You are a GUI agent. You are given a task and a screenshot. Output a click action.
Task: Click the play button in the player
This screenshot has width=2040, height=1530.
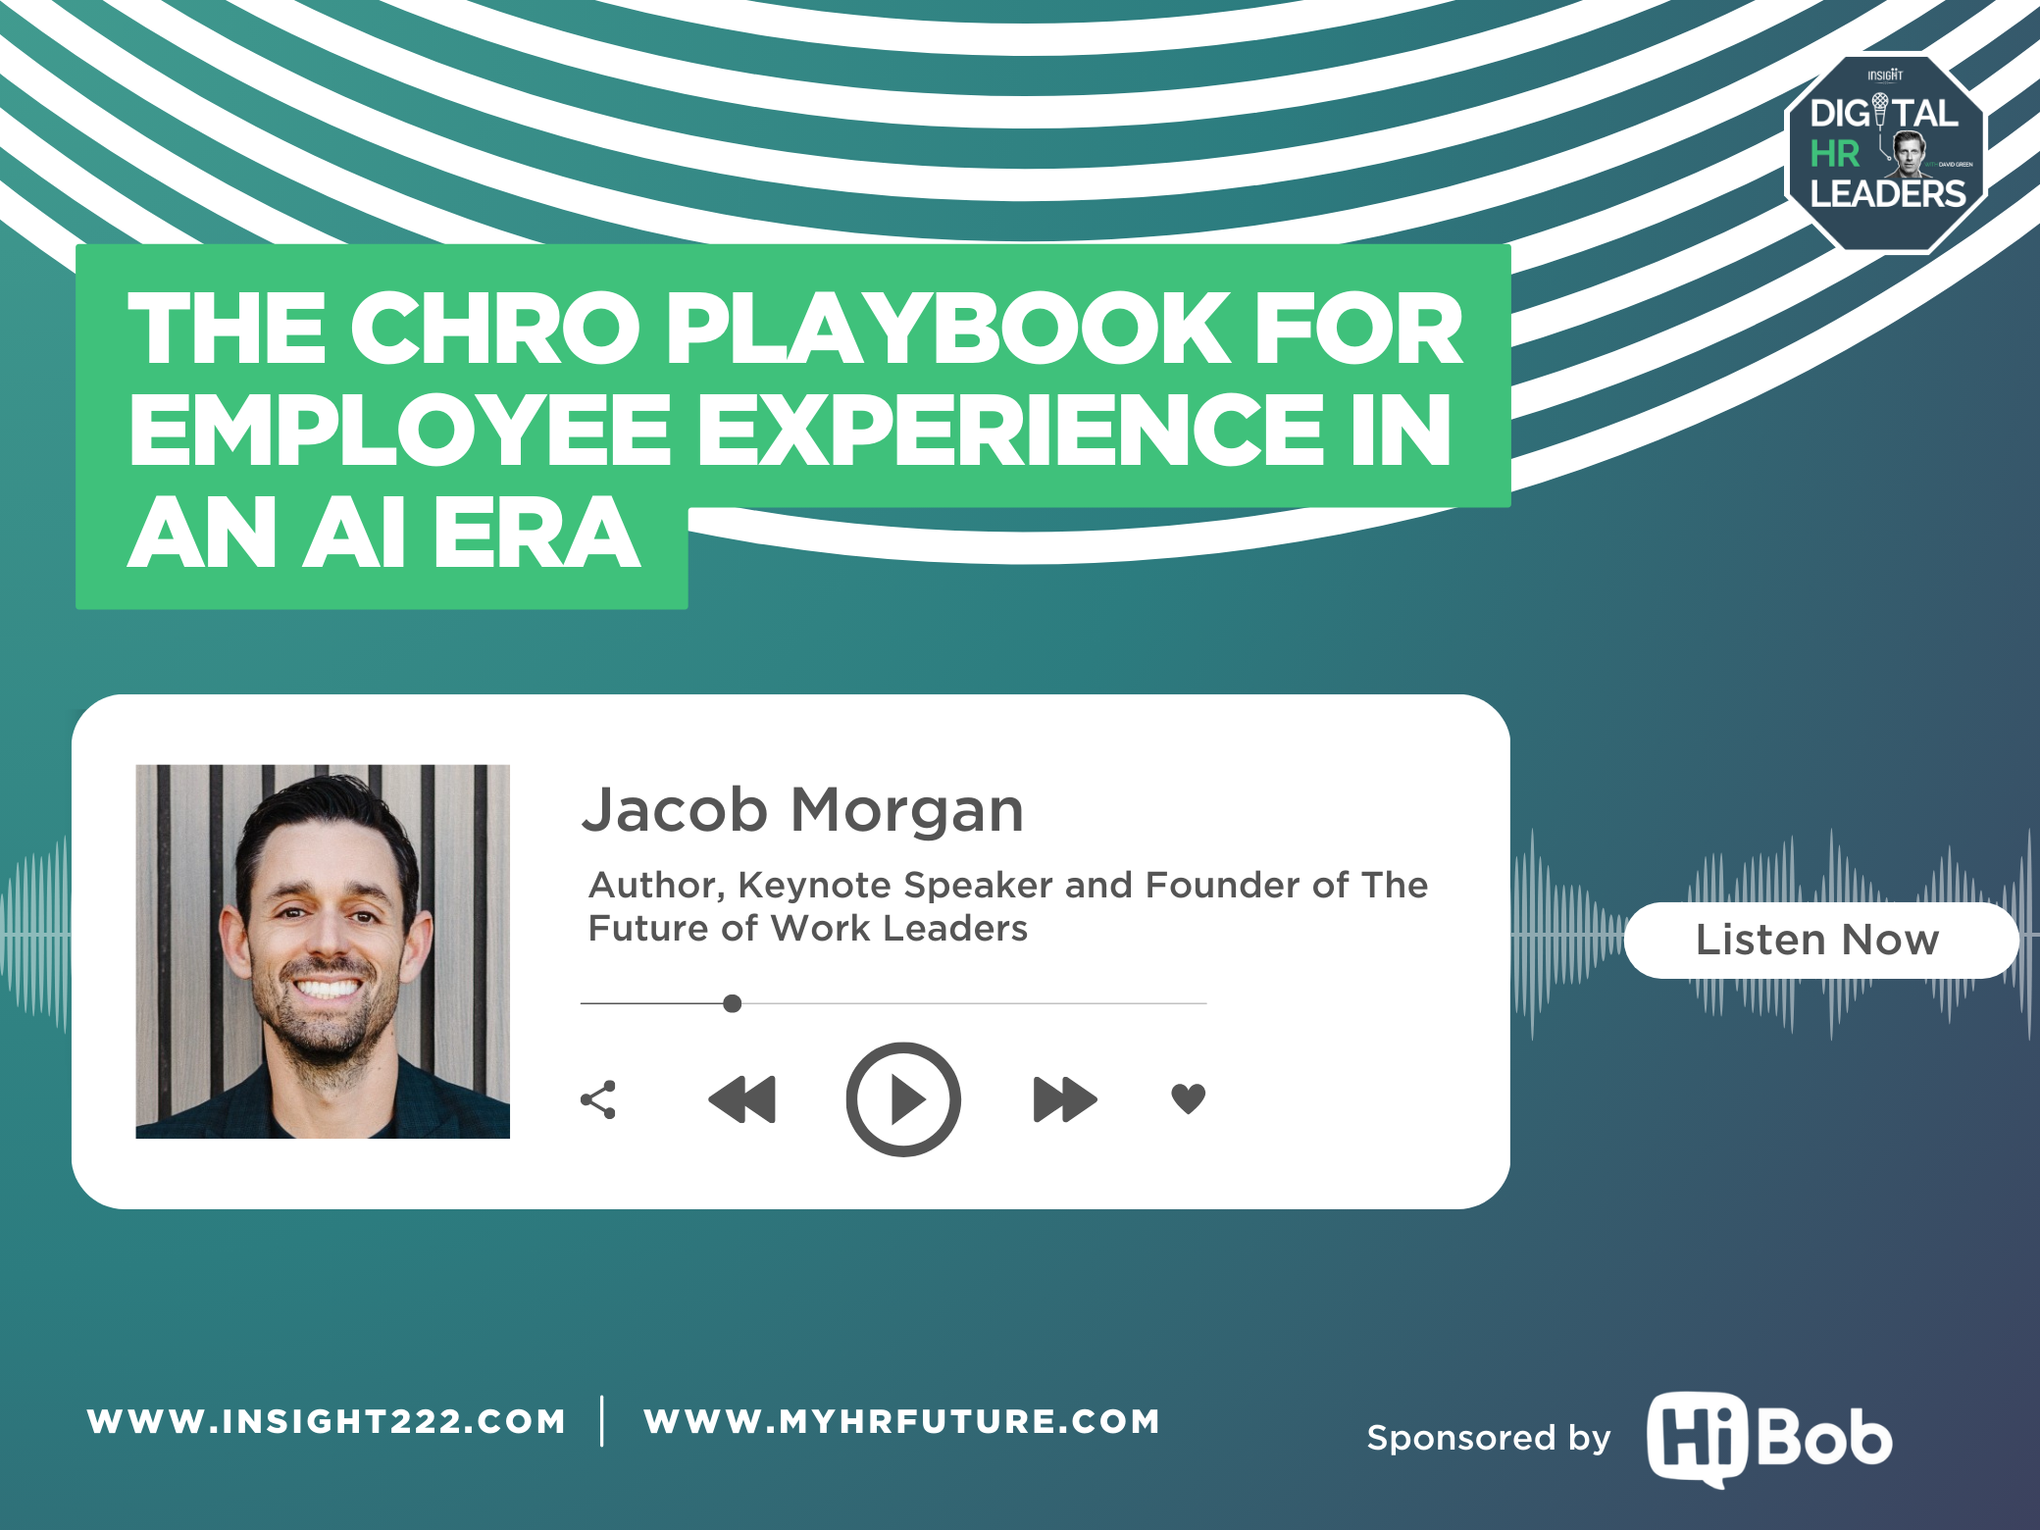pyautogui.click(x=902, y=1098)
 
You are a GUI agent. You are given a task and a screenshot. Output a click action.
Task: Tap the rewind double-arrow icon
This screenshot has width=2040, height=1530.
pyautogui.click(x=742, y=1098)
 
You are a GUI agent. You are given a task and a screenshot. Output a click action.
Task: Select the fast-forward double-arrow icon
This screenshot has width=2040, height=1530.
pyautogui.click(x=1064, y=1098)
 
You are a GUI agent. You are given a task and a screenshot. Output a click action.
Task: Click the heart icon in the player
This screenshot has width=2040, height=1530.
pyautogui.click(x=1188, y=1098)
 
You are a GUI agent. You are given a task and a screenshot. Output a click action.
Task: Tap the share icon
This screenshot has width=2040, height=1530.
pyautogui.click(x=598, y=1099)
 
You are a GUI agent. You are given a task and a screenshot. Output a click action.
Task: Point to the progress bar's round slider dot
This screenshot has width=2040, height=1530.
pyautogui.click(x=732, y=1003)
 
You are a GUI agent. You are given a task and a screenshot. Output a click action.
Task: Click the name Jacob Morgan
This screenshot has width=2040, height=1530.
pyautogui.click(x=802, y=810)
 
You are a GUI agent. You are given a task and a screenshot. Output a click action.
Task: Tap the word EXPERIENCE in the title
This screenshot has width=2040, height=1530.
pyautogui.click(x=1010, y=431)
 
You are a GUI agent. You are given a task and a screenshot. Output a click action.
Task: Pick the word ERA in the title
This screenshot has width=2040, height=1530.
pyautogui.click(x=536, y=534)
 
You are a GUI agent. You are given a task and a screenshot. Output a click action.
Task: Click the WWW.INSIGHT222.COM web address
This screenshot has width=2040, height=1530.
pyautogui.click(x=327, y=1421)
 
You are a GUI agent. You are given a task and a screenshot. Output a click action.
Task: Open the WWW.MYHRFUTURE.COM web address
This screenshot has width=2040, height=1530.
pyautogui.click(x=901, y=1421)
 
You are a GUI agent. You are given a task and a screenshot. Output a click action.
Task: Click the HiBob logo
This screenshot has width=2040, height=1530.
pyautogui.click(x=1768, y=1439)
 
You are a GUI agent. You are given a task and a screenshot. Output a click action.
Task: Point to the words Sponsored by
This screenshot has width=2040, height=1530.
pyautogui.click(x=1488, y=1438)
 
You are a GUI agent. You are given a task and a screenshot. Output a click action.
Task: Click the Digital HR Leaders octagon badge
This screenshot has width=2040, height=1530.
pyautogui.click(x=1885, y=153)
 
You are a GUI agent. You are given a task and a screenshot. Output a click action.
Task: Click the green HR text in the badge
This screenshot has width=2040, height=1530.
pyautogui.click(x=1834, y=154)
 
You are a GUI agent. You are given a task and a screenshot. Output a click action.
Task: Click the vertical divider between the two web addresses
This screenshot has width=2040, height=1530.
pyautogui.click(x=602, y=1421)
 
